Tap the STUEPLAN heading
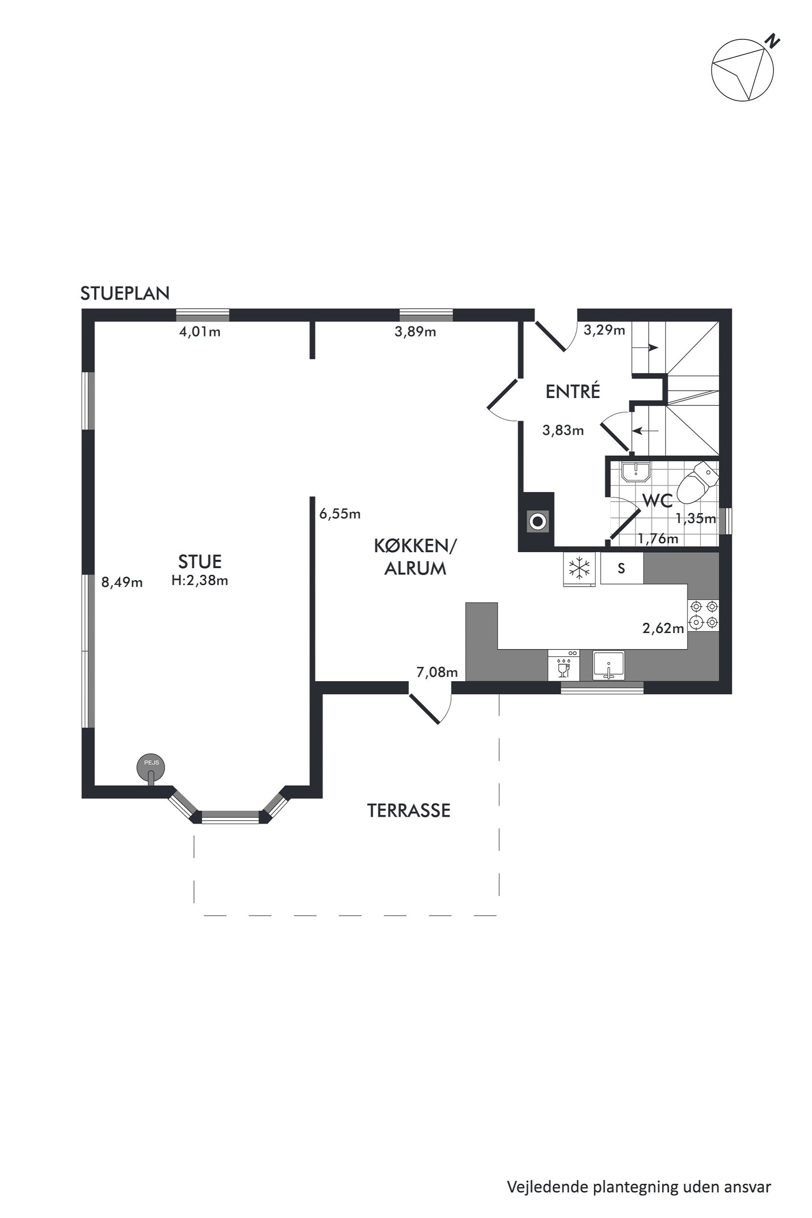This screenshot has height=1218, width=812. point(125,293)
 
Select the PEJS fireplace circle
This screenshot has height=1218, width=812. point(151,767)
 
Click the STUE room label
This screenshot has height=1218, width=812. point(200,562)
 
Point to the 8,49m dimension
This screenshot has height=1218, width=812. point(122,582)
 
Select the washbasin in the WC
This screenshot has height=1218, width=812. point(636,472)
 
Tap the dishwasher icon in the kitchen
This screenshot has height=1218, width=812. point(564,665)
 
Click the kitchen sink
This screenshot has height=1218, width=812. point(609,665)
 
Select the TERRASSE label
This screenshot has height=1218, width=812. point(408,810)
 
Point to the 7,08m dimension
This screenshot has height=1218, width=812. point(437,672)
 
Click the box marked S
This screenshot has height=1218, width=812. point(621,568)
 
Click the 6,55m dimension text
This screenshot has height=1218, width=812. point(340,514)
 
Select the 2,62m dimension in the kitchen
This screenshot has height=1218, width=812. point(663,628)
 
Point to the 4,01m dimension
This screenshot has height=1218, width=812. point(200,332)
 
